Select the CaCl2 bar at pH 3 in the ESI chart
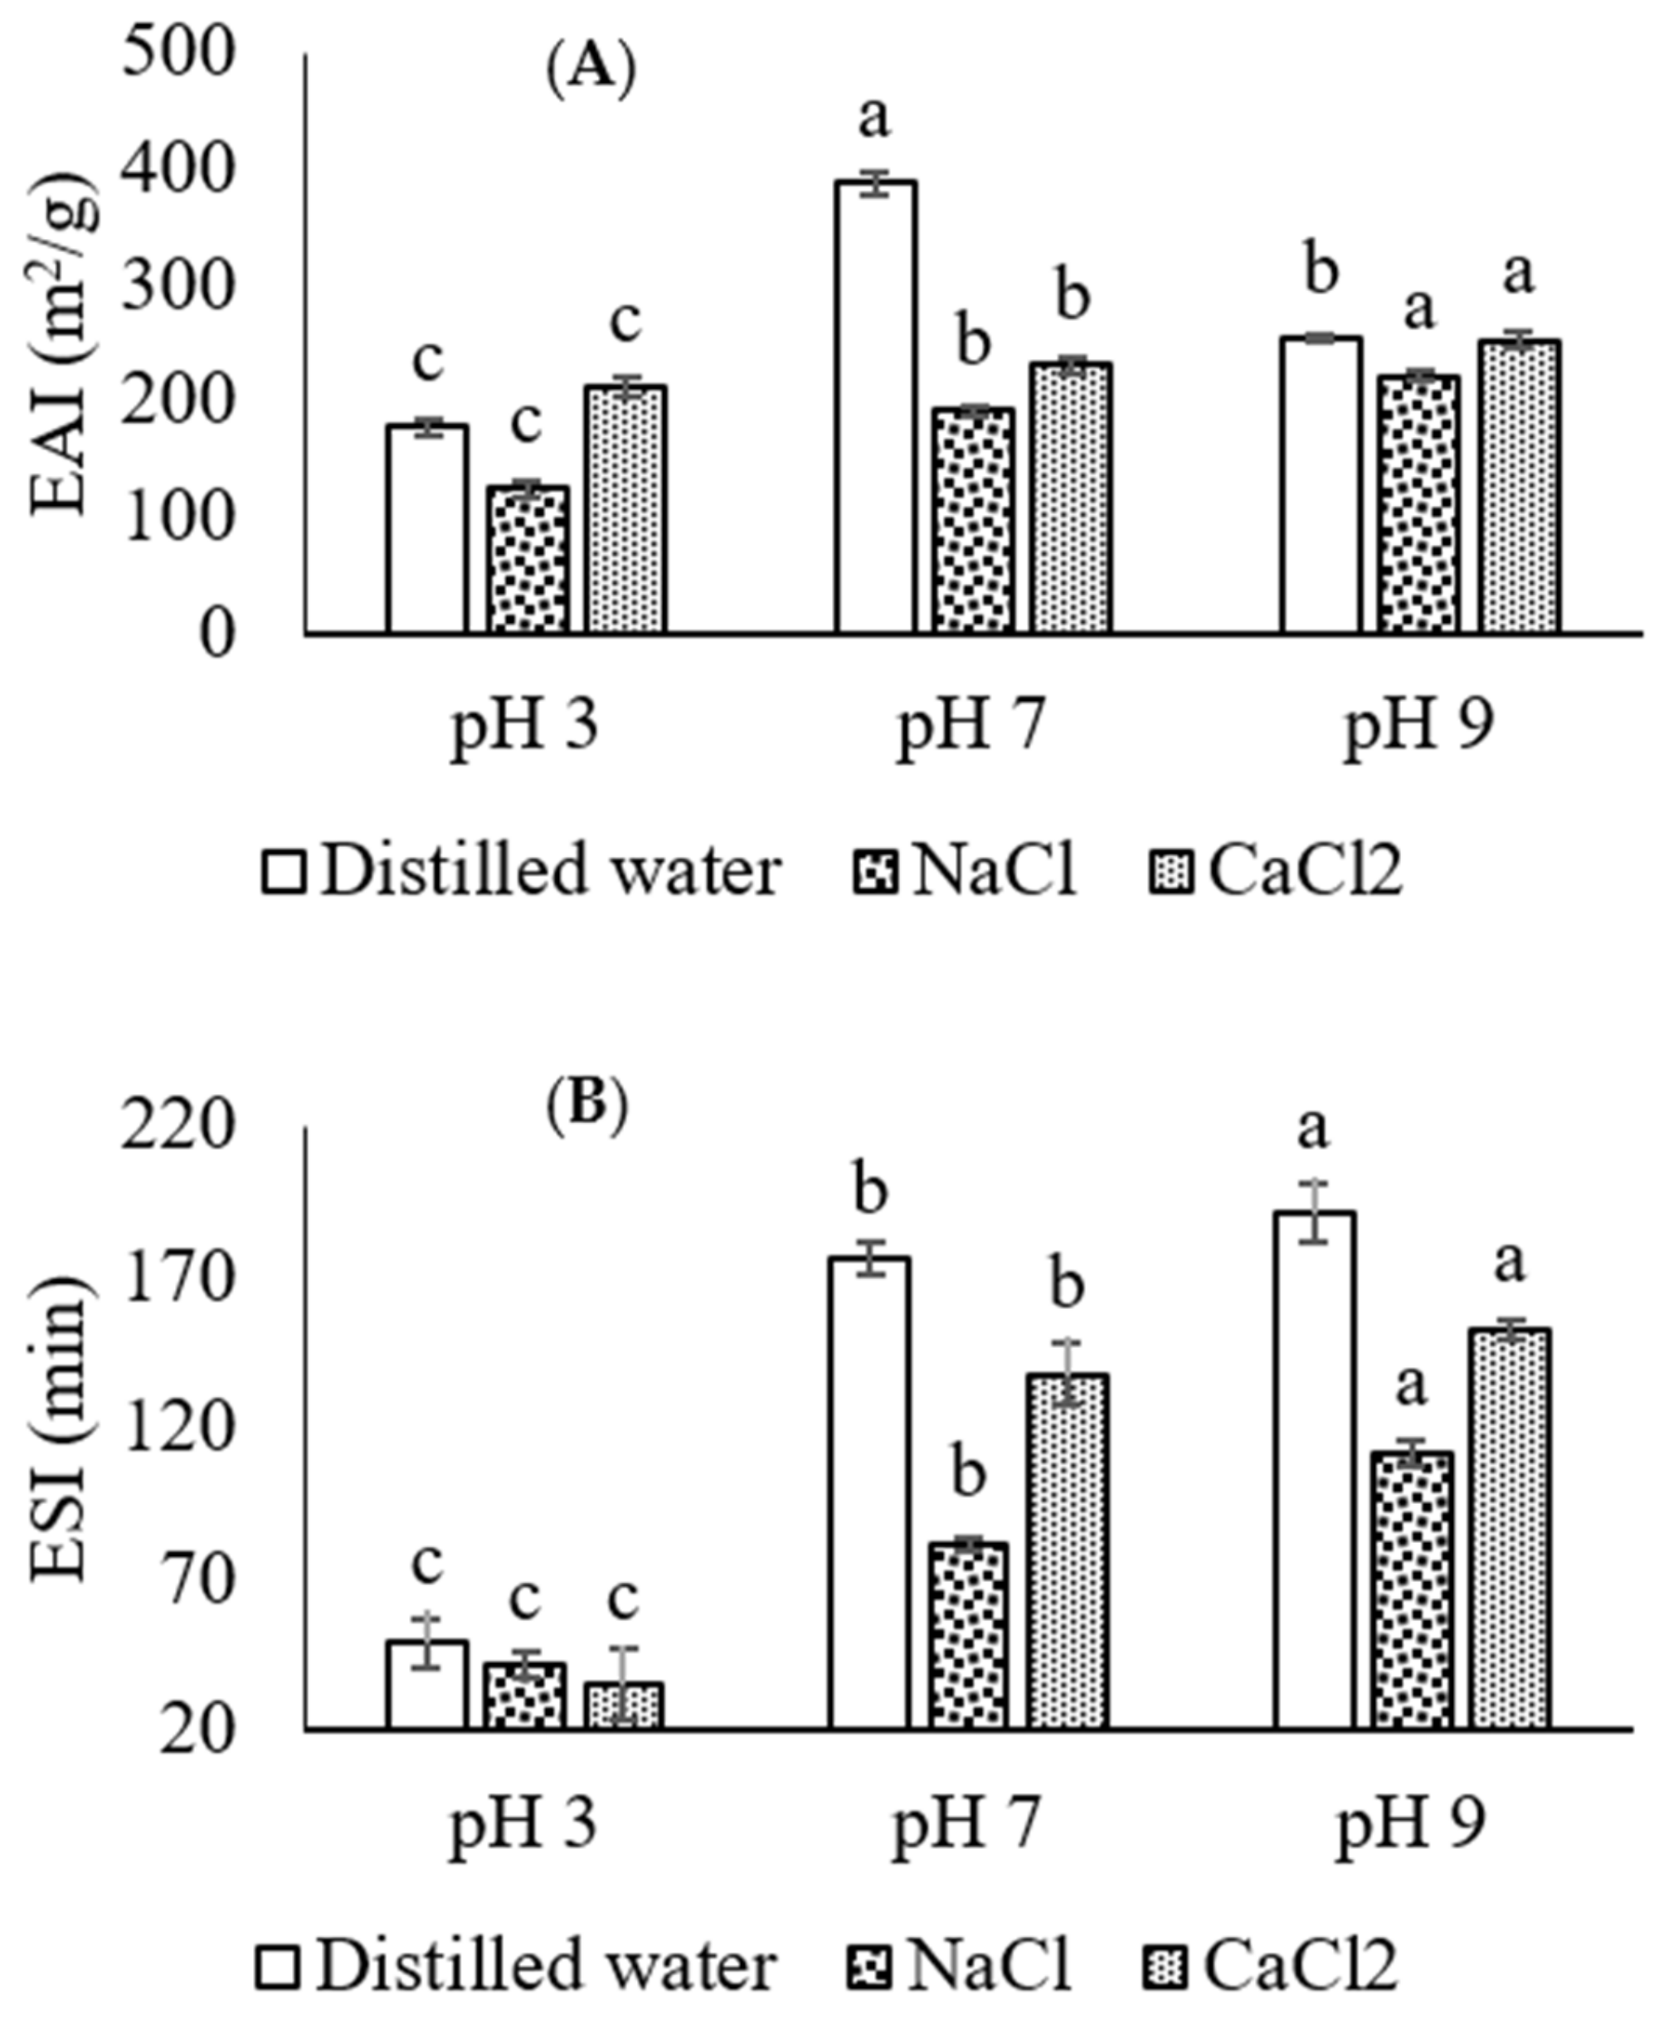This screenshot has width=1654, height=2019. pyautogui.click(x=624, y=1705)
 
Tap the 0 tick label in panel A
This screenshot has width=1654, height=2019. pyautogui.click(x=217, y=635)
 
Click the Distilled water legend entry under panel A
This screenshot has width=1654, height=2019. pyautogui.click(x=522, y=871)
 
